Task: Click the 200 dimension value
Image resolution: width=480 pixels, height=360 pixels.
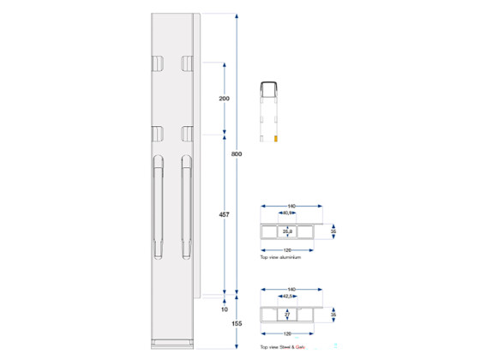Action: coord(225,99)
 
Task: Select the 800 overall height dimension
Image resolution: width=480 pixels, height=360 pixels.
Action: coord(237,154)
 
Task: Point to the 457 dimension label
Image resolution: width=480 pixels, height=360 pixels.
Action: coord(225,216)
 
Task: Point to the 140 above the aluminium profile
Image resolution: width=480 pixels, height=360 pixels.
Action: coord(291,207)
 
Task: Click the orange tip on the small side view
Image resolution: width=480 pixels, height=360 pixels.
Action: coord(275,137)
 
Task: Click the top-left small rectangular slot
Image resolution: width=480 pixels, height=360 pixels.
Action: coord(158,63)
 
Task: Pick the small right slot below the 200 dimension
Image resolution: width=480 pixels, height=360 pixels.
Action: coord(187,133)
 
